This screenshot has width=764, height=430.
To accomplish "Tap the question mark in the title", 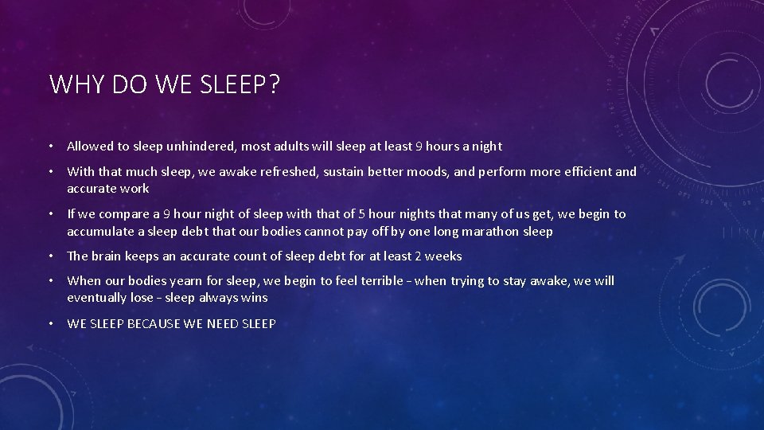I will [x=274, y=84].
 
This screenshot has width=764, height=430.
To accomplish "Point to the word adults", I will [x=293, y=147].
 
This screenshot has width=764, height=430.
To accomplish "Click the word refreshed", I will [x=290, y=172].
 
